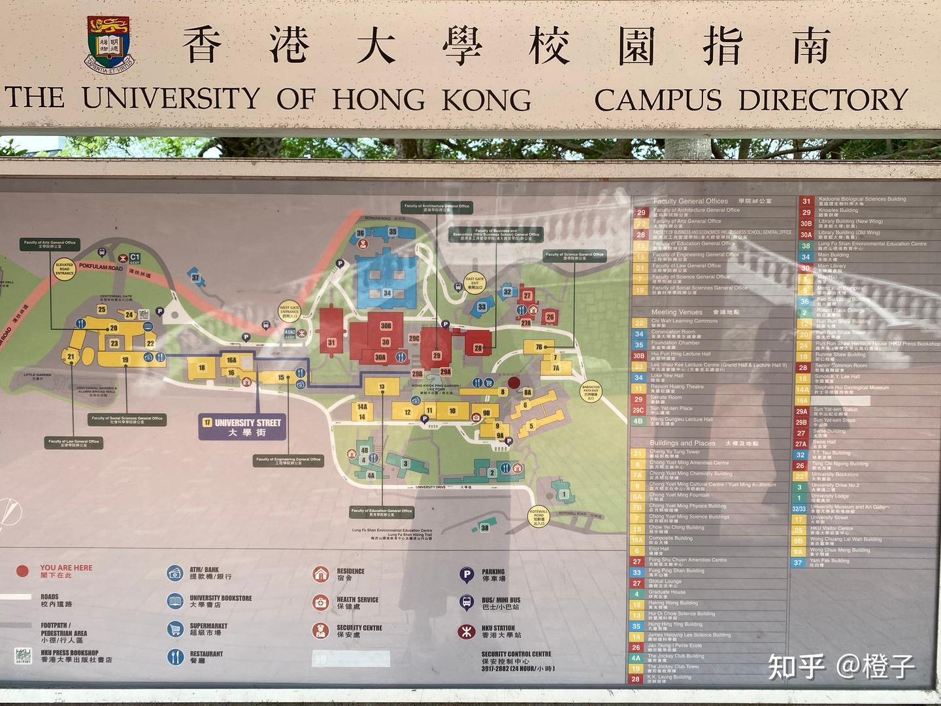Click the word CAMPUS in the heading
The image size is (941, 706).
coord(658,100)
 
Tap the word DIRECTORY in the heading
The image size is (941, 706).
coord(823,100)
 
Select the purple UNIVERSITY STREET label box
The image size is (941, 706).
coord(242,427)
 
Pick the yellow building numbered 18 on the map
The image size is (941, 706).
coord(202,367)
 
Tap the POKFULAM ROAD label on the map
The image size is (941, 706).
coord(101,267)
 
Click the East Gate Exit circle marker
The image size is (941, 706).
coord(475,282)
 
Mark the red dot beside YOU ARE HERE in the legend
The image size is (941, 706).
coord(23,571)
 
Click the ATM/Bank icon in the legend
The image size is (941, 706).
coord(174,573)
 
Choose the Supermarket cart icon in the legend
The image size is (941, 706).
coord(174,629)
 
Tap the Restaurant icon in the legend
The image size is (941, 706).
coord(174,656)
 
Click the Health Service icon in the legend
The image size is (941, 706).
coord(320,602)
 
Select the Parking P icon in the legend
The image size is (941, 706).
coord(466,575)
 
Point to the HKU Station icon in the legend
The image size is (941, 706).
coord(466,631)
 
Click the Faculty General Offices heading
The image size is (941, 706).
coord(690,201)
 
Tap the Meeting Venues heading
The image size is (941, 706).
coord(677,312)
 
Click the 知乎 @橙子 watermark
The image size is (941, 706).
coord(842,665)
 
